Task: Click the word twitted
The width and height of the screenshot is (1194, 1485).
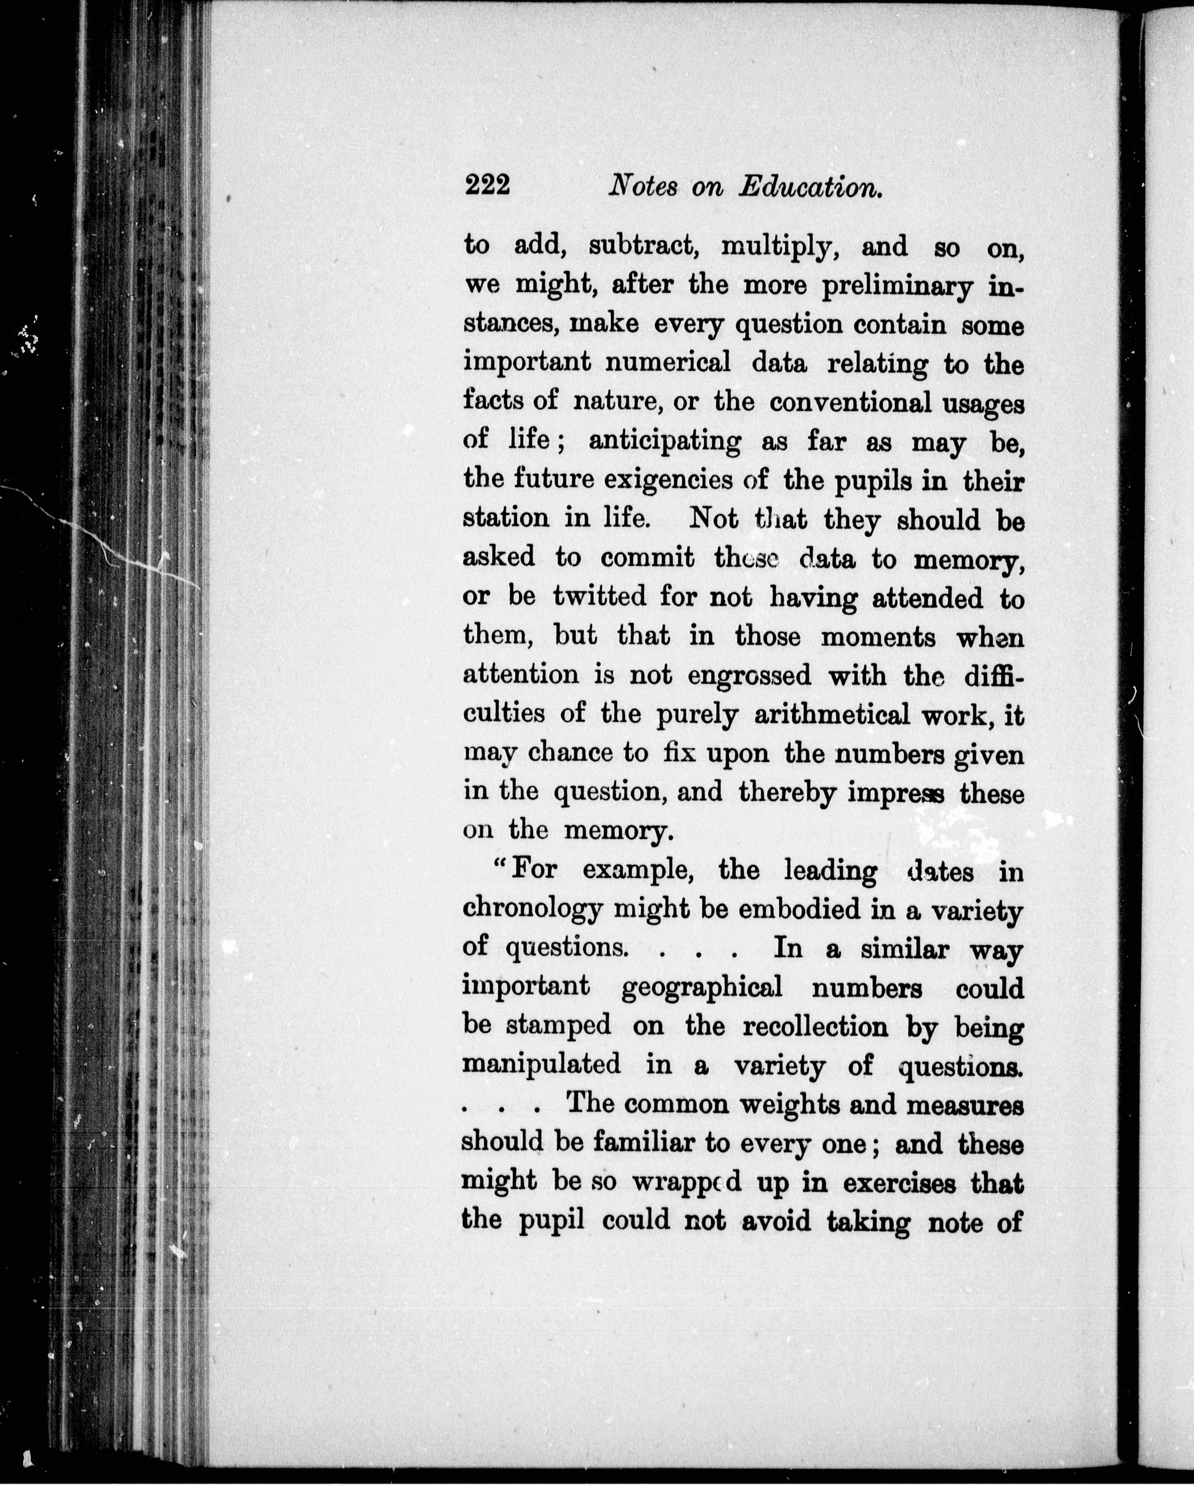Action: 600,596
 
